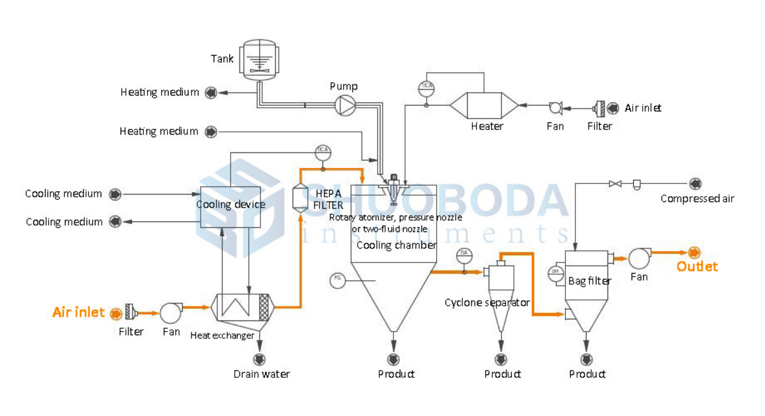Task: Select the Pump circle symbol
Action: point(344,105)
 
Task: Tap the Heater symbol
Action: point(484,106)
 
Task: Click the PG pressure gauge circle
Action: point(337,280)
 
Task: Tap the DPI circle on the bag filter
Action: point(555,272)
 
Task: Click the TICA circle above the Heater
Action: point(426,88)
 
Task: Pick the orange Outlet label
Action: point(697,267)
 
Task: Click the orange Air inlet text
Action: point(78,312)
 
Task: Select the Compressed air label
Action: point(697,199)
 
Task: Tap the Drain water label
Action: point(262,374)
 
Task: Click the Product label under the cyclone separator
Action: point(502,374)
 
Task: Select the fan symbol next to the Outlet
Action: point(639,256)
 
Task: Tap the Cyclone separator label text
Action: point(487,302)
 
